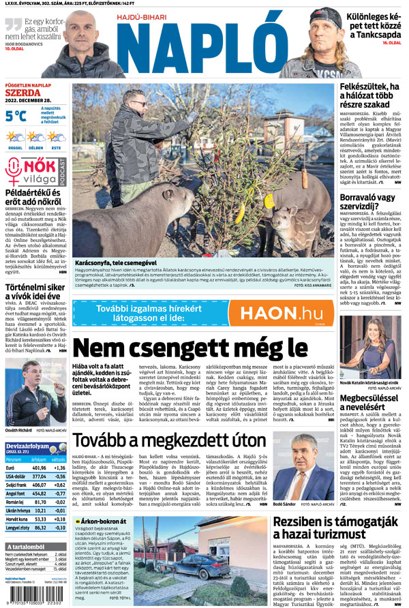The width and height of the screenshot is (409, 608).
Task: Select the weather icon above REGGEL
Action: click(14, 137)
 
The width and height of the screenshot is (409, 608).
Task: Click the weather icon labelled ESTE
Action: click(55, 137)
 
